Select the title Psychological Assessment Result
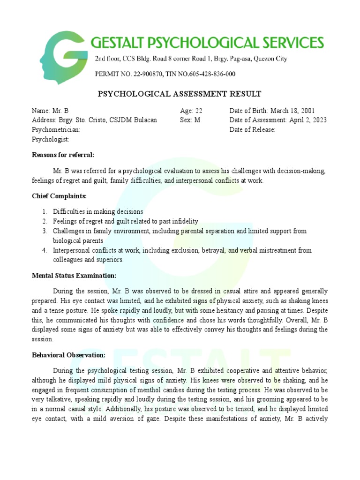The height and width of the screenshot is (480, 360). point(180,94)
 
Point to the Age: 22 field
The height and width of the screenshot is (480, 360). point(191,111)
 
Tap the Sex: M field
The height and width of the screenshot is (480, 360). point(190,120)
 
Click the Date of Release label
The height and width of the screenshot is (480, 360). point(252,130)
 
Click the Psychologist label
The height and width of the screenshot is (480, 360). point(50,139)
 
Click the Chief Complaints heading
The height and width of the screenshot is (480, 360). point(60,196)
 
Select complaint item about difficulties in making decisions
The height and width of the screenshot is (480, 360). point(98,212)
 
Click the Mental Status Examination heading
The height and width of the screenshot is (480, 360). point(74,275)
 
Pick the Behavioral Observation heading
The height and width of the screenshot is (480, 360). point(68,355)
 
